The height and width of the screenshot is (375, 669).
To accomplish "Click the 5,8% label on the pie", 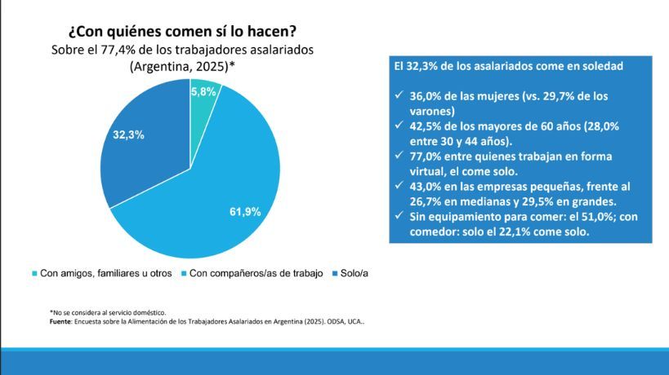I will [203, 92].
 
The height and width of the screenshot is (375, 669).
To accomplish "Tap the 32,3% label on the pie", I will [129, 135].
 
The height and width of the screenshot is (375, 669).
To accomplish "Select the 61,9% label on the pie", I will [245, 212].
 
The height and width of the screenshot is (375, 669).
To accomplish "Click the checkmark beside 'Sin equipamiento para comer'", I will [398, 216].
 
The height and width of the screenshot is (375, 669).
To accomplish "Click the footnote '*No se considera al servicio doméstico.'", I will [108, 312].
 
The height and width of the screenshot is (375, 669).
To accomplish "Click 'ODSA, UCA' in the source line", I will [341, 321].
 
